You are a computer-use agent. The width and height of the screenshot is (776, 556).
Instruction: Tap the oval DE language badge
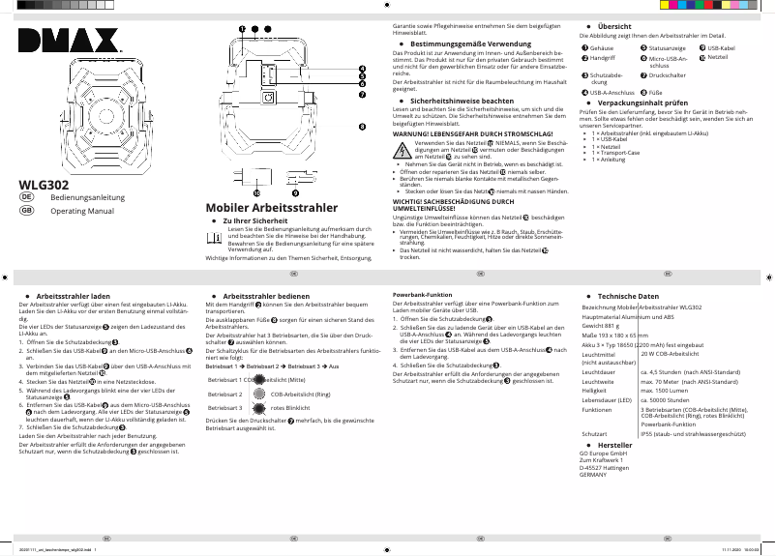click(x=27, y=196)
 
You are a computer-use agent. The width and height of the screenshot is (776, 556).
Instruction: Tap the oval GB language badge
click(x=27, y=210)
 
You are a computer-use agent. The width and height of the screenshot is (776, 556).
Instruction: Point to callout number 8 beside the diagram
click(x=362, y=127)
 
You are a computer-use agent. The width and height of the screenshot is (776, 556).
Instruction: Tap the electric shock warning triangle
click(x=402, y=149)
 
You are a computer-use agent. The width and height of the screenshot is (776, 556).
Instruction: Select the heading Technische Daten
click(x=628, y=295)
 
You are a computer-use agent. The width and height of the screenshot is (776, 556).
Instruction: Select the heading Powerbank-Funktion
click(x=422, y=294)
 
